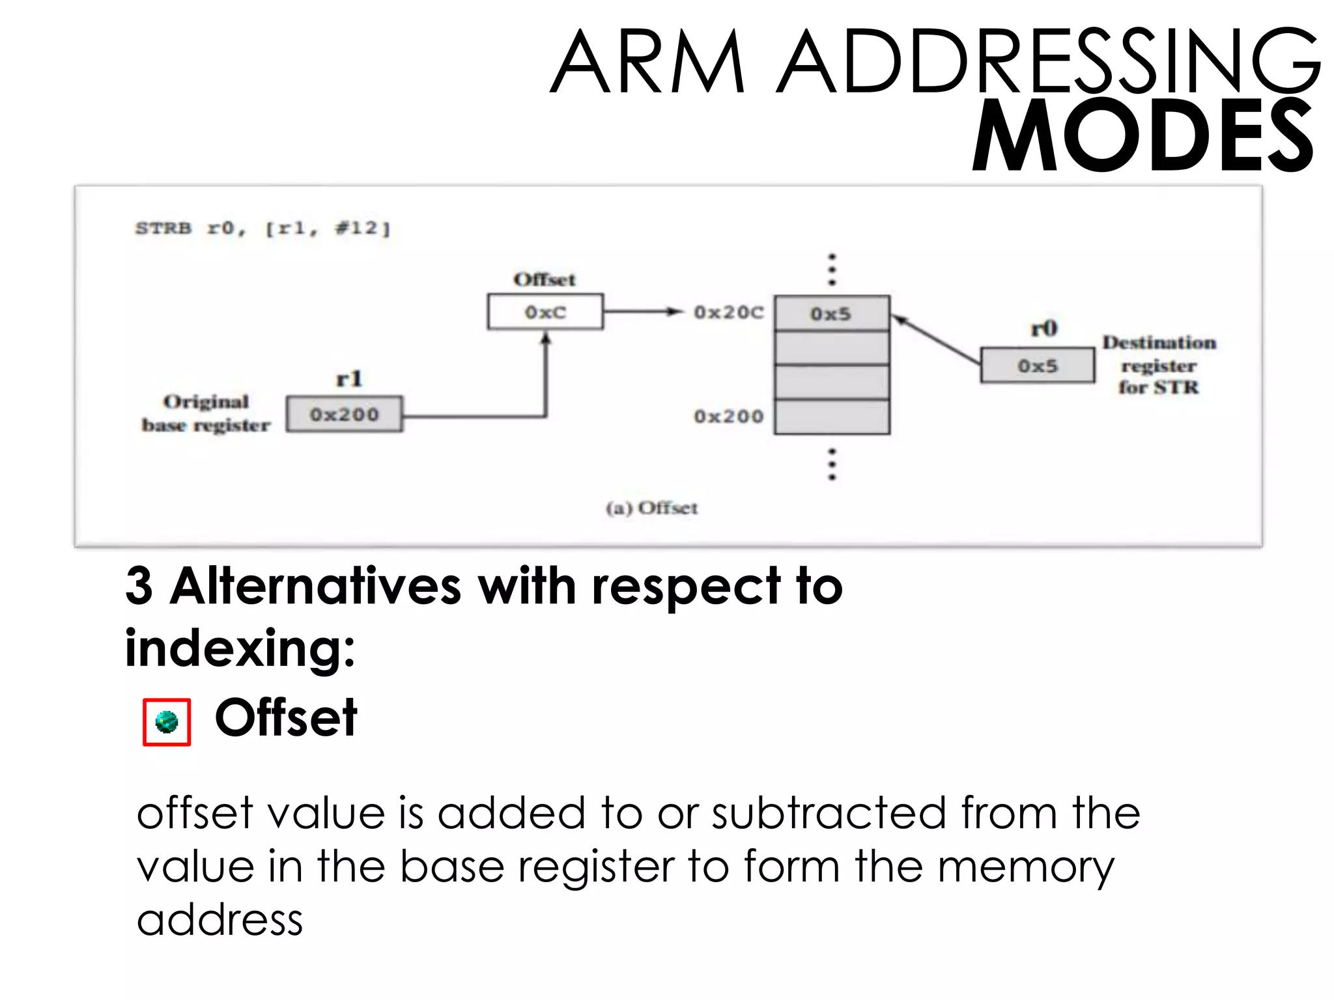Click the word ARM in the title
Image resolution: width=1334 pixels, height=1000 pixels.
647,62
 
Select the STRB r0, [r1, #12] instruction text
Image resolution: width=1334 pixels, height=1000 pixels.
263,229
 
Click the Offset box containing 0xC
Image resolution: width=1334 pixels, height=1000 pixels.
545,312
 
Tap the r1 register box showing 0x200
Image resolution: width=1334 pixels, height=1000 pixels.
344,414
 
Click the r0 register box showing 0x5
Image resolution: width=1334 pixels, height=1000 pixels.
1037,366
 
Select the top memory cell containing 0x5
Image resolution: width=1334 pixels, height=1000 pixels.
831,314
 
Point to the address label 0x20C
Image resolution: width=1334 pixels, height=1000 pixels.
728,312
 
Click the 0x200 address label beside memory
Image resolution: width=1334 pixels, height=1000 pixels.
728,416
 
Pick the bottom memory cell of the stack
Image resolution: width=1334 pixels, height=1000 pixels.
831,417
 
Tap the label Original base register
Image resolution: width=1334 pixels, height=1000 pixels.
206,413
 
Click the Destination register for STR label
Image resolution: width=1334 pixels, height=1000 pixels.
1159,365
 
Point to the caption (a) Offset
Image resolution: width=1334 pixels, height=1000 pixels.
651,508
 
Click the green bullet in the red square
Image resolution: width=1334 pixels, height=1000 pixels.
167,721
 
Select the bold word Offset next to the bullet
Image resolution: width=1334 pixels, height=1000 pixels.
286,718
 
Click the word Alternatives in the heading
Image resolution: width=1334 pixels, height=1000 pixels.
315,586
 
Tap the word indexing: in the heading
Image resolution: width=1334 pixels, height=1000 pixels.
240,648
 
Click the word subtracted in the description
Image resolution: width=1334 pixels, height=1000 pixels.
829,813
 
